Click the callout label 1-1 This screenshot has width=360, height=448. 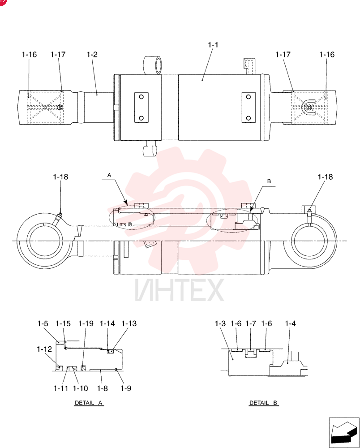[213, 45]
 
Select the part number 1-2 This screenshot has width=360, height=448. [92, 55]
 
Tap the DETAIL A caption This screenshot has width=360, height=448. [89, 403]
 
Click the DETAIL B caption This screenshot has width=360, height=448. [263, 403]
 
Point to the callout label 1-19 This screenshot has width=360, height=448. [86, 323]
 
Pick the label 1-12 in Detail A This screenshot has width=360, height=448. [44, 349]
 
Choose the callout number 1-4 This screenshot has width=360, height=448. [290, 323]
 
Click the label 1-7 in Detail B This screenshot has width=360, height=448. [251, 323]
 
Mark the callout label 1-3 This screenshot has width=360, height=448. [220, 323]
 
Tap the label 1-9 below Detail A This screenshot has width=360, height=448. [126, 388]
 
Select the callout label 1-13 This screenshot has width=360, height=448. [129, 323]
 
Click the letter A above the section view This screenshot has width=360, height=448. [109, 175]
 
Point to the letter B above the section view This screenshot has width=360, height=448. [269, 181]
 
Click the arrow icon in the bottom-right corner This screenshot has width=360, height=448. [344, 432]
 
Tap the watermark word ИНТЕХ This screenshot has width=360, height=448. [180, 290]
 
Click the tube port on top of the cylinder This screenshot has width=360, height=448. [152, 65]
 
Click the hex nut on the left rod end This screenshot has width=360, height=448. [60, 108]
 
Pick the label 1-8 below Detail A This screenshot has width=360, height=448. [102, 388]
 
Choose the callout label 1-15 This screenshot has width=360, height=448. [63, 323]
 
